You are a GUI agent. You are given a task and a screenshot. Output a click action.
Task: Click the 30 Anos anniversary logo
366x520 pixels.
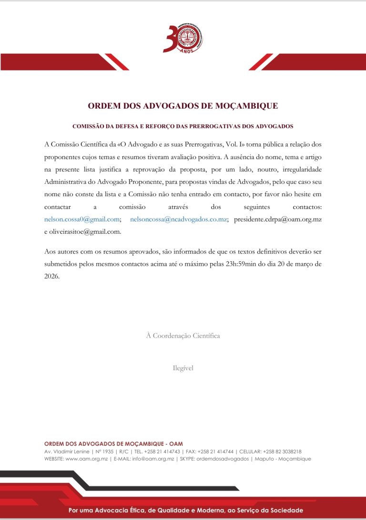tap(183, 38)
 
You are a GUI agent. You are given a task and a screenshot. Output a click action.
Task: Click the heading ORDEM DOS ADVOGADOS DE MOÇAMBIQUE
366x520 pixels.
tap(183, 106)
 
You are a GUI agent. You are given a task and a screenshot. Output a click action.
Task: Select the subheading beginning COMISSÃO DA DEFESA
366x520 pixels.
tap(183, 127)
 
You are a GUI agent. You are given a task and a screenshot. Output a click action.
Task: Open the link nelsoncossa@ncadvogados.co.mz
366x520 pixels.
tap(178, 220)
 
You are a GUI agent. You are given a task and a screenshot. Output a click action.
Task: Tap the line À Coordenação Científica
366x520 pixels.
tap(183, 336)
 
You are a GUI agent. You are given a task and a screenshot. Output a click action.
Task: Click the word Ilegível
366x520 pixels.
tap(183, 368)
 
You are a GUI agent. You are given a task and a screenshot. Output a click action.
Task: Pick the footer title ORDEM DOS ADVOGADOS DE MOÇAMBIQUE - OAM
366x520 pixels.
tap(113, 444)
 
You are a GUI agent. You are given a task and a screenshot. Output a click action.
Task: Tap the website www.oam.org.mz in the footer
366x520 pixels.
tap(86, 459)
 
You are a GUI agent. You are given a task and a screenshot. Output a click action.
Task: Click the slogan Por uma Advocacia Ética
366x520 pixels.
tap(186, 510)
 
